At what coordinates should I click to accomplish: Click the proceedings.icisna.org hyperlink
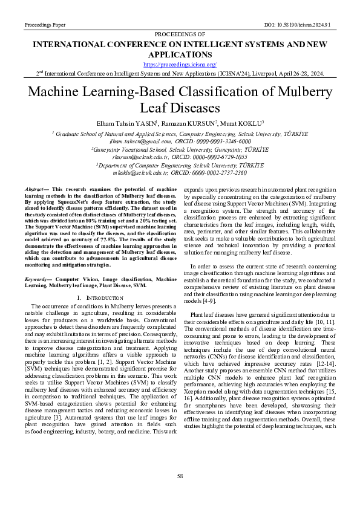coord(180,63)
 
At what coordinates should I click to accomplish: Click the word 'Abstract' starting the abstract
coord(41,190)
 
